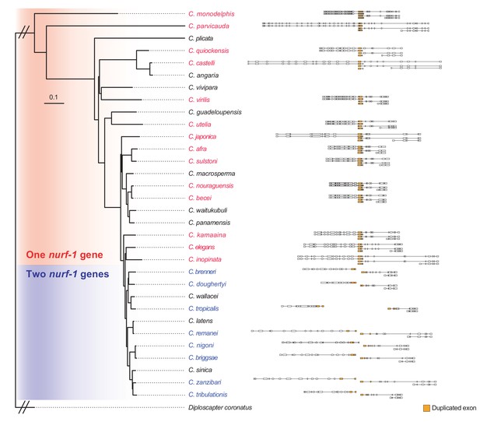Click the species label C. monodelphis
click(x=212, y=14)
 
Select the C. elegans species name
click(x=201, y=247)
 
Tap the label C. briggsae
click(x=203, y=357)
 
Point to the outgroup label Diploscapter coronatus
click(x=220, y=408)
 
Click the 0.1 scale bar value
click(x=53, y=97)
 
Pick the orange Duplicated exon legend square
click(x=426, y=408)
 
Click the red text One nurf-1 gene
click(x=65, y=255)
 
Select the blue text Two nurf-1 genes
click(x=68, y=274)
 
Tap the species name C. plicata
click(x=201, y=38)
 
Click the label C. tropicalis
click(x=204, y=308)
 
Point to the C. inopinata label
click(x=205, y=259)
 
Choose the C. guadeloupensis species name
click(x=215, y=112)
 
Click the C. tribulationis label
click(x=208, y=395)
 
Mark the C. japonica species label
click(x=202, y=137)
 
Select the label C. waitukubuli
click(x=208, y=210)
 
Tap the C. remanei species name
click(x=203, y=333)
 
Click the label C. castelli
click(x=201, y=63)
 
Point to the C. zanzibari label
click(x=205, y=382)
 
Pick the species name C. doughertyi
click(x=207, y=284)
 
